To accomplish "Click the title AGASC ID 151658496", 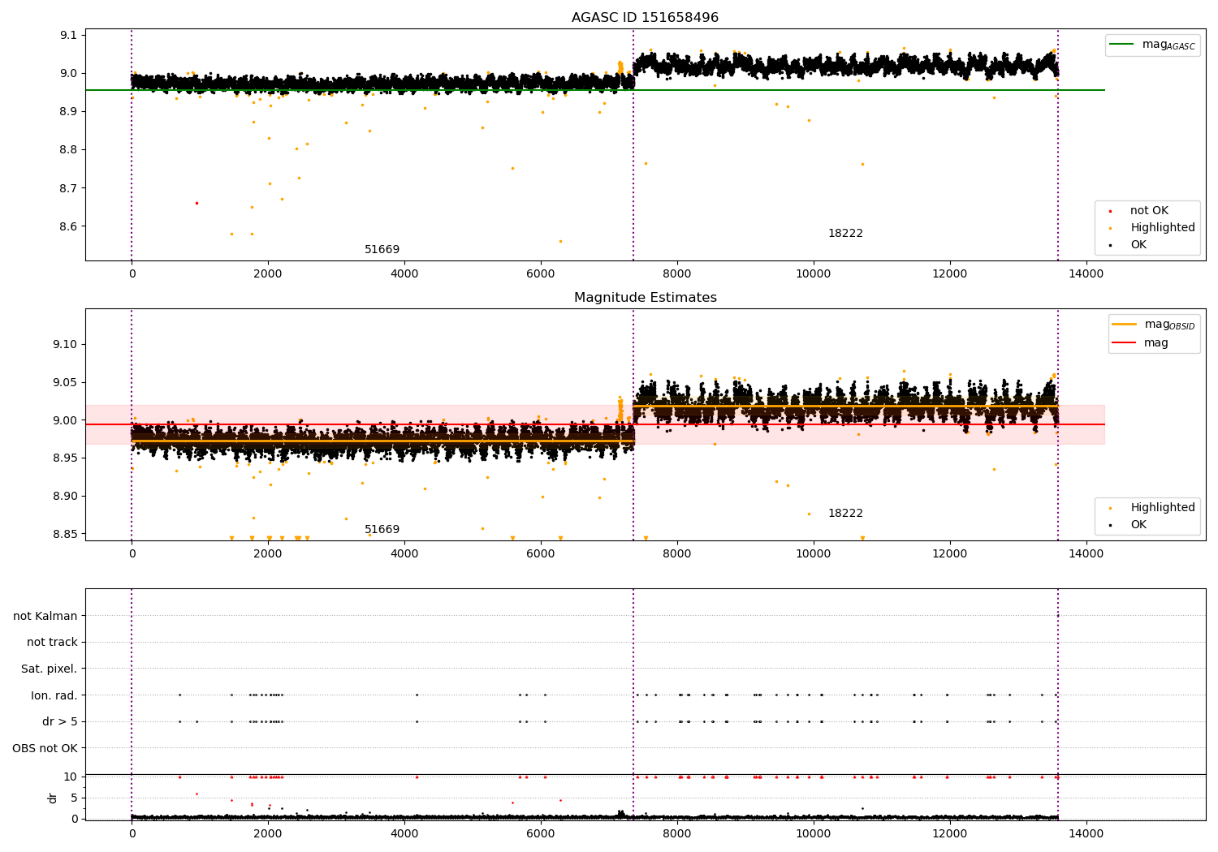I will [645, 18].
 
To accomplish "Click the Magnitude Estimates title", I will [645, 298].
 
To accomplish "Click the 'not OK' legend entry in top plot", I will [1149, 211].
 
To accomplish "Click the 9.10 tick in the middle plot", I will [65, 344].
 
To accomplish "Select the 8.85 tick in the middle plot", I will [65, 534].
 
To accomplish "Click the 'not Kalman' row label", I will [45, 616].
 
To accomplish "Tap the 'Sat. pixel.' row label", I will [49, 669].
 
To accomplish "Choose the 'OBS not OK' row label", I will [45, 748].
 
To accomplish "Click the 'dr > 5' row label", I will [59, 721].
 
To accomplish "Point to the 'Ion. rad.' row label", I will [54, 695].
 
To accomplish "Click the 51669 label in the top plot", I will [382, 250].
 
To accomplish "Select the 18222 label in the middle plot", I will [845, 514].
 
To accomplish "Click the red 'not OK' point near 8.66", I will [197, 203].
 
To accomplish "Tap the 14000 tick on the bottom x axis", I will [1086, 833].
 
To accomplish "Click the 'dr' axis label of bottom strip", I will [53, 798].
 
